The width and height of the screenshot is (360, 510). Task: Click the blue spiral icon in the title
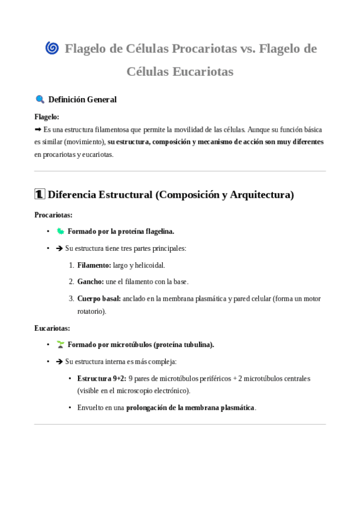pyautogui.click(x=52, y=48)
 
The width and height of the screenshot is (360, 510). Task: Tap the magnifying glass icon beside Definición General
pyautogui.click(x=40, y=99)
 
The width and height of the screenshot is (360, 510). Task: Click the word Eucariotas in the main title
pyautogui.click(x=203, y=72)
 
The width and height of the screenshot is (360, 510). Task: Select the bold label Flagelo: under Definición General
pyautogui.click(x=47, y=117)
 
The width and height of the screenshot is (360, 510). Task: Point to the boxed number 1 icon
pyautogui.click(x=40, y=194)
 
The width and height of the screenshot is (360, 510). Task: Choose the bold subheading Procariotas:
pyautogui.click(x=53, y=214)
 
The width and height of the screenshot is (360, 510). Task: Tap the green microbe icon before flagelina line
pyautogui.click(x=60, y=231)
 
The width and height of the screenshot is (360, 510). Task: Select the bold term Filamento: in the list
pyautogui.click(x=94, y=265)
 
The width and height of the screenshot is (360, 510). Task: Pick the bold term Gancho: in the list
pyautogui.click(x=91, y=281)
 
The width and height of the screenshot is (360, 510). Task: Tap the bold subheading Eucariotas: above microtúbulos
pyautogui.click(x=52, y=328)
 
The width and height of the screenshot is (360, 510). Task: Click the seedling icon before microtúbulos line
pyautogui.click(x=60, y=345)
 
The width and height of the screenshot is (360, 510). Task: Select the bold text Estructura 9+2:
pyautogui.click(x=102, y=378)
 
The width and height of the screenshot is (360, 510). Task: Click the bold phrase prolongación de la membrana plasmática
pyautogui.click(x=191, y=407)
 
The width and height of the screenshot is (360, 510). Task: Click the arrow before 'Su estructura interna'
pyautogui.click(x=59, y=361)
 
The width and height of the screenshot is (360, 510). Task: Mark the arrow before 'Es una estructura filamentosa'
pyautogui.click(x=38, y=129)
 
